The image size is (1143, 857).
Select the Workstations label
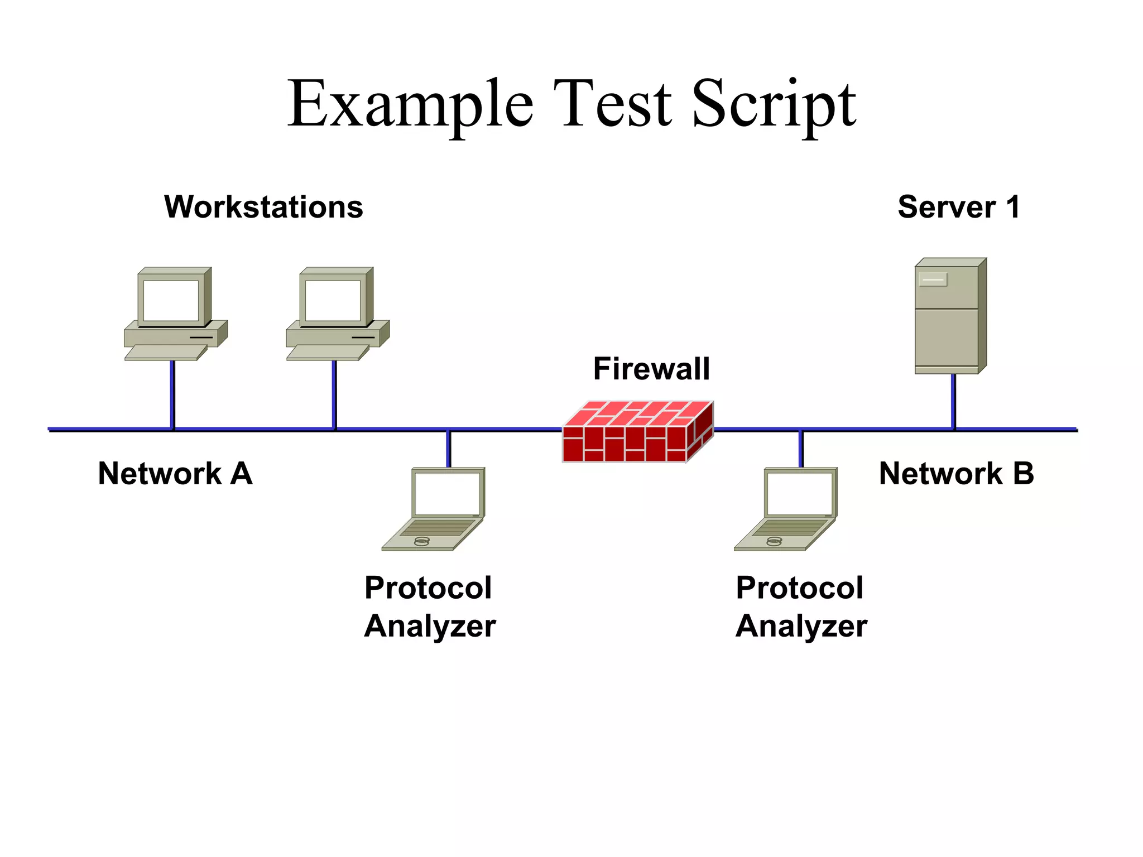coord(263,207)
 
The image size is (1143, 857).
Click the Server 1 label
coord(959,207)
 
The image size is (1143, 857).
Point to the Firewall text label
coord(651,369)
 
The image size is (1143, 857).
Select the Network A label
coord(175,474)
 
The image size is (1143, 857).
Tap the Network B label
coord(956,474)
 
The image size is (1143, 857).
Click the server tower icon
coord(949,318)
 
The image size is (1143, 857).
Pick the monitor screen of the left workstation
coord(171,300)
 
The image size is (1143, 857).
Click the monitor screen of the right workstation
coord(333,300)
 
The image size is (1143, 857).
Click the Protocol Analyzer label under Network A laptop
coord(429,607)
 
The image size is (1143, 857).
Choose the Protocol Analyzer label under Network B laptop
coord(801,607)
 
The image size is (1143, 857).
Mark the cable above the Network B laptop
coord(801,449)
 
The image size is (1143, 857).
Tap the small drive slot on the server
coord(933,279)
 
